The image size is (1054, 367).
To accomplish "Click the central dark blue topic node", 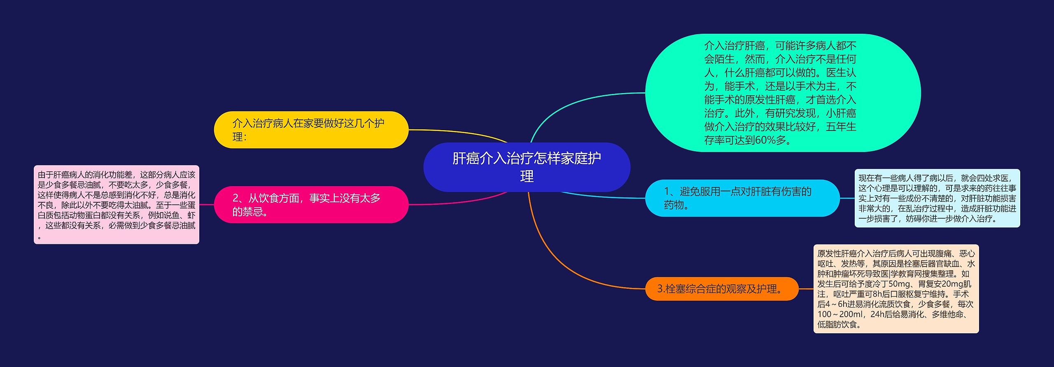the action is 527,167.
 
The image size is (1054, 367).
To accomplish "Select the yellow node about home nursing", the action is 311,130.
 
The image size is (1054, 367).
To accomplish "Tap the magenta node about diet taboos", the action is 311,205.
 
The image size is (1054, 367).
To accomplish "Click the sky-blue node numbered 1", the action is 742,198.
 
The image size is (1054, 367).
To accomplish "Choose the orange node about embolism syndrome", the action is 722,289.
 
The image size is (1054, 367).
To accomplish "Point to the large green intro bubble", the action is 783,93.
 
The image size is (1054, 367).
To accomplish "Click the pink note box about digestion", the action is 117,205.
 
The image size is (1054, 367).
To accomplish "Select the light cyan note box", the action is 937,198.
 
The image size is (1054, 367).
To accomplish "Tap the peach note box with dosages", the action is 896,289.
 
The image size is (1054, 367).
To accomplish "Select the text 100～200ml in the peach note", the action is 839,314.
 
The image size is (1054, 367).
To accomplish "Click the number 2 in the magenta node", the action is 236,198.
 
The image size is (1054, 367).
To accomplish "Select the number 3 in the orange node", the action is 660,289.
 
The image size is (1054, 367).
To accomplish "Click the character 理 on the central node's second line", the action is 527,176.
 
